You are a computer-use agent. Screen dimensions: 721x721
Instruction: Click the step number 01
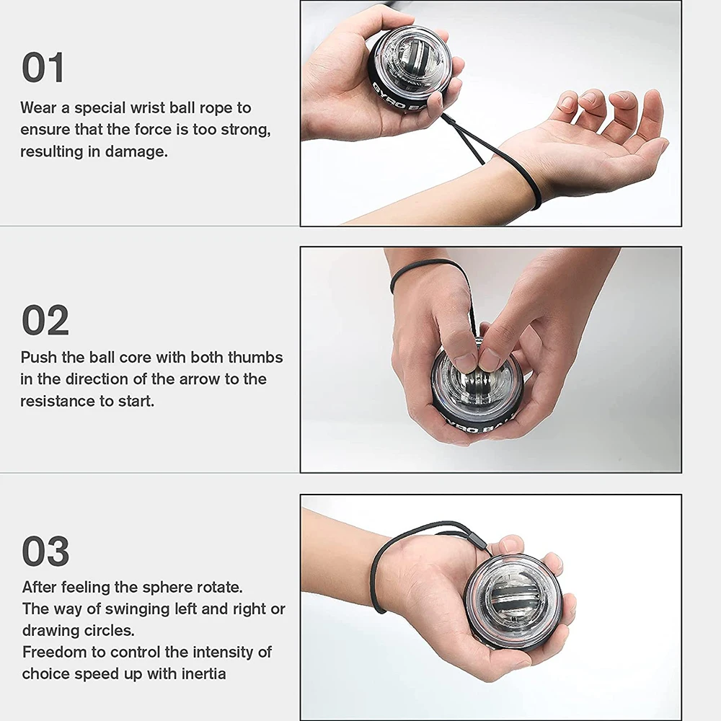(x=43, y=68)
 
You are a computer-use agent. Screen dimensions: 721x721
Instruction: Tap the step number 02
(x=45, y=320)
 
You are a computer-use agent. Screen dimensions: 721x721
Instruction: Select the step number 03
(x=45, y=552)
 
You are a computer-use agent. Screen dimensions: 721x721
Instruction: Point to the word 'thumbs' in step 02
(x=255, y=358)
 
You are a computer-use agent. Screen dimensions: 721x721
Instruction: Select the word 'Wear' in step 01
(x=38, y=108)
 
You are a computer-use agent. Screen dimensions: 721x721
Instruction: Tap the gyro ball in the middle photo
(x=476, y=393)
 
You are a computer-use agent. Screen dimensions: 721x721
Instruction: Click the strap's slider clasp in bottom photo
(x=477, y=540)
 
